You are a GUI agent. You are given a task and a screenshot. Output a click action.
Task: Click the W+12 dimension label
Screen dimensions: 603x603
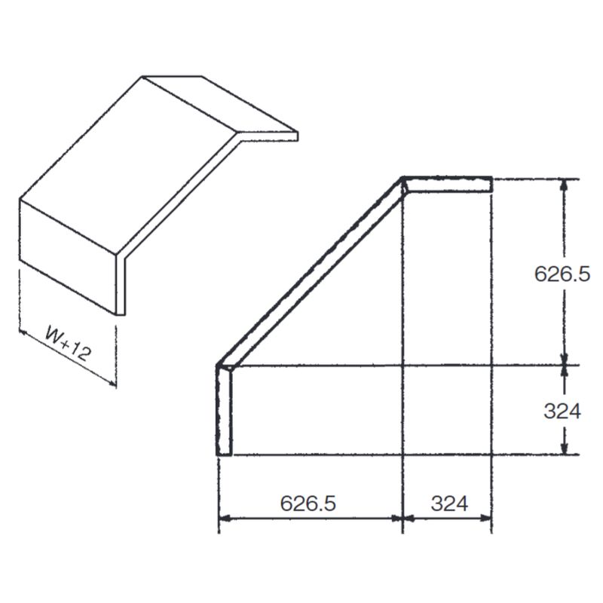pos(68,344)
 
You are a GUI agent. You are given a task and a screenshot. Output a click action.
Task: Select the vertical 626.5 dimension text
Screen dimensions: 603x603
pos(562,274)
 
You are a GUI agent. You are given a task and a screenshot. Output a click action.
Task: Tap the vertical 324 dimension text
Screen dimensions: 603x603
pos(562,411)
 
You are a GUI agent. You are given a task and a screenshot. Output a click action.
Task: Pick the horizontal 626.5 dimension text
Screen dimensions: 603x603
pos(308,503)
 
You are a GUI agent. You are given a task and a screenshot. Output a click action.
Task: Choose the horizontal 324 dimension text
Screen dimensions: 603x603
pos(449,504)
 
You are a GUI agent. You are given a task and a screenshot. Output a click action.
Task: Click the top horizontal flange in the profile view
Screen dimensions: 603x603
pos(448,184)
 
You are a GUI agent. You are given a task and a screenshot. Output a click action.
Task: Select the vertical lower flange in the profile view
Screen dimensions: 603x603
pos(224,411)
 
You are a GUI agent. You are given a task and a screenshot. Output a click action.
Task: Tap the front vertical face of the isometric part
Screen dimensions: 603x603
pos(68,257)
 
